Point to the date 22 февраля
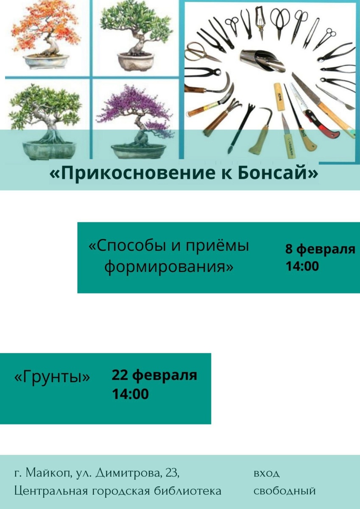tap(154, 375)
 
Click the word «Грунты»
tap(53, 377)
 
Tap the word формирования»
tap(169, 267)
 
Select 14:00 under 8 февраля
tap(302, 266)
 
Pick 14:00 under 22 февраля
tap(130, 394)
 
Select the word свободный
tap(285, 491)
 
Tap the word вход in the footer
tap(267, 473)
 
